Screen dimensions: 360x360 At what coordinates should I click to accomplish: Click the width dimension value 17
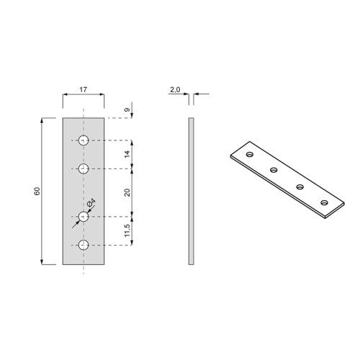coord(84,89)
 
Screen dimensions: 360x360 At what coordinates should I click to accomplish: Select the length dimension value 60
coord(36,191)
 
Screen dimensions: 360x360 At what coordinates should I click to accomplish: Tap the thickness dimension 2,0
coord(174,89)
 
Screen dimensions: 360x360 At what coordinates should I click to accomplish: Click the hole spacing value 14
coord(127,155)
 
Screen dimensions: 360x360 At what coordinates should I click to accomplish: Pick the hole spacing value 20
coord(127,192)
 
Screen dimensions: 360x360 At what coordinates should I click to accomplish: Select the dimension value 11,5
coord(127,230)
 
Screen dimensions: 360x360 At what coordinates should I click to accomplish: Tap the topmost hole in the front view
coord(84,140)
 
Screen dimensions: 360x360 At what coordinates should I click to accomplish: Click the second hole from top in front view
coord(84,169)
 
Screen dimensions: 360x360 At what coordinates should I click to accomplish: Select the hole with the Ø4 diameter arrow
coord(84,216)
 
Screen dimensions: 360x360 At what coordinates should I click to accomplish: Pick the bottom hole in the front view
coord(84,246)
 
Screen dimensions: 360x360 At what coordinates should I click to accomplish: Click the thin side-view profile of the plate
coord(191,191)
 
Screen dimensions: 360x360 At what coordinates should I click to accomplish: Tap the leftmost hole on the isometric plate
coord(249,154)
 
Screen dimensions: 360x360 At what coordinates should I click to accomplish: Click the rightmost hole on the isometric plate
coord(324,202)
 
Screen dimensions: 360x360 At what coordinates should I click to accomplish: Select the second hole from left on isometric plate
coord(274,170)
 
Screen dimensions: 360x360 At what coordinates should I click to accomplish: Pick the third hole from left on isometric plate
coord(300,186)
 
